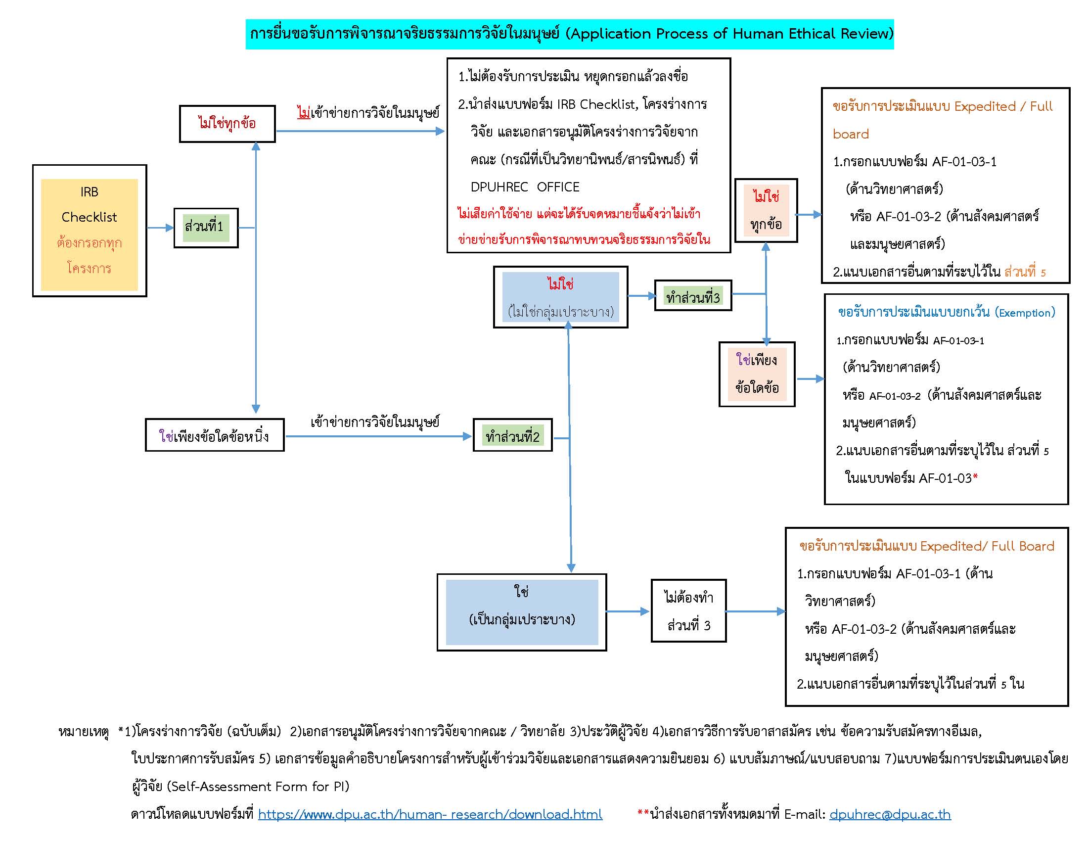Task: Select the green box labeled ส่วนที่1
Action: [x=206, y=228]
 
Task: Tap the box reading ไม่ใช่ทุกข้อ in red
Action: [x=227, y=124]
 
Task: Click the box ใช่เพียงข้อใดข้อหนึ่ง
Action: [x=215, y=435]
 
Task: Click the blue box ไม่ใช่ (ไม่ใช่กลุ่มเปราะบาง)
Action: [x=560, y=297]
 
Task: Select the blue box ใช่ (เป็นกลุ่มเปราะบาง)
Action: [x=522, y=612]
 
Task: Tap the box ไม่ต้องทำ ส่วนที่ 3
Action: [x=688, y=611]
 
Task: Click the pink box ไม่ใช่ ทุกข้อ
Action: [x=766, y=210]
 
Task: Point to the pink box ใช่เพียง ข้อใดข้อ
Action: [x=757, y=374]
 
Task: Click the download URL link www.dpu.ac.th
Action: [x=430, y=814]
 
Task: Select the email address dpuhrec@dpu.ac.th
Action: [x=890, y=814]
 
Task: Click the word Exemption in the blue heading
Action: [x=1025, y=313]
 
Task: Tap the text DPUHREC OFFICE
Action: [x=525, y=187]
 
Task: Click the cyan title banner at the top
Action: [x=569, y=34]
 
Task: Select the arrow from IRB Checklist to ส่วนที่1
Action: [x=160, y=228]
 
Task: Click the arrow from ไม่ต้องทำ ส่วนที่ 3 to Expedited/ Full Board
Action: [x=755, y=611]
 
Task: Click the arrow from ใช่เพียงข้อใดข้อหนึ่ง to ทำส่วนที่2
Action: [x=379, y=436]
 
